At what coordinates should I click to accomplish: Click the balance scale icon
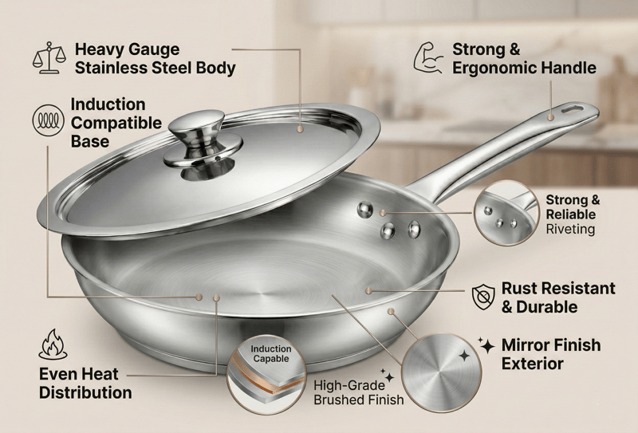(49, 57)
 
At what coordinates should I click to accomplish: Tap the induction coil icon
(49, 120)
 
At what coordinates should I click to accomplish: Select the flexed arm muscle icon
(428, 57)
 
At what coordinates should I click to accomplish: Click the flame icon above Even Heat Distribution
(53, 344)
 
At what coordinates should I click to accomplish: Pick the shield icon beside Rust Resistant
(483, 297)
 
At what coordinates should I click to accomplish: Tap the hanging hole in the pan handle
(573, 109)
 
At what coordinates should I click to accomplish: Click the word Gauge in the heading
(153, 50)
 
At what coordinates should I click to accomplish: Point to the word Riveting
(570, 229)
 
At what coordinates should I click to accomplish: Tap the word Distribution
(85, 392)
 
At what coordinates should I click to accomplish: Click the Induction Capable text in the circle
(270, 353)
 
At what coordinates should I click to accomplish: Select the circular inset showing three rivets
(506, 213)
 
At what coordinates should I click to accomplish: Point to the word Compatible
(116, 123)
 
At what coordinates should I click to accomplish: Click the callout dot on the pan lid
(301, 129)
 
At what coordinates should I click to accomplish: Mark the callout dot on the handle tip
(550, 117)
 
